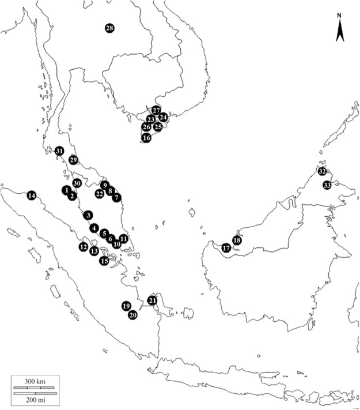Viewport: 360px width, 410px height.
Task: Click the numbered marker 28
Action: pyautogui.click(x=109, y=28)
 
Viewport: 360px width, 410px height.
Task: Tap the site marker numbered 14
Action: pyautogui.click(x=31, y=195)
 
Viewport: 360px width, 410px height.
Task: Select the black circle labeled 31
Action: pyautogui.click(x=59, y=151)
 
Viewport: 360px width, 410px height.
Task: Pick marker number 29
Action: pyautogui.click(x=73, y=160)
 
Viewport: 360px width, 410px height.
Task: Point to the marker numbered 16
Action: pyautogui.click(x=146, y=138)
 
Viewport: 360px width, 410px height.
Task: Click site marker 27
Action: pyautogui.click(x=156, y=110)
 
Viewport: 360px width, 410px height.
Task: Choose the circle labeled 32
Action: pyautogui.click(x=322, y=172)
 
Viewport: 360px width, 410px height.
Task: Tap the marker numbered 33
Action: pyautogui.click(x=327, y=185)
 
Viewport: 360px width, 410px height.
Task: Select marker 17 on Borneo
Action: pyautogui.click(x=226, y=248)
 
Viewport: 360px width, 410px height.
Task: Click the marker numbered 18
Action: pyautogui.click(x=236, y=240)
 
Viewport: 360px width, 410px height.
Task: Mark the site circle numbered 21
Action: pyautogui.click(x=152, y=300)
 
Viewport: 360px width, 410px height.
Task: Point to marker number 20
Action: pyautogui.click(x=132, y=315)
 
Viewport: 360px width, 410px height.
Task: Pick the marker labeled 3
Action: pyautogui.click(x=88, y=215)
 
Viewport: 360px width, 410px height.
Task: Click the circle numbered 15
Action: pyautogui.click(x=104, y=261)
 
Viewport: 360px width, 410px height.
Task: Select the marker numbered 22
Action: pyautogui.click(x=100, y=194)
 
